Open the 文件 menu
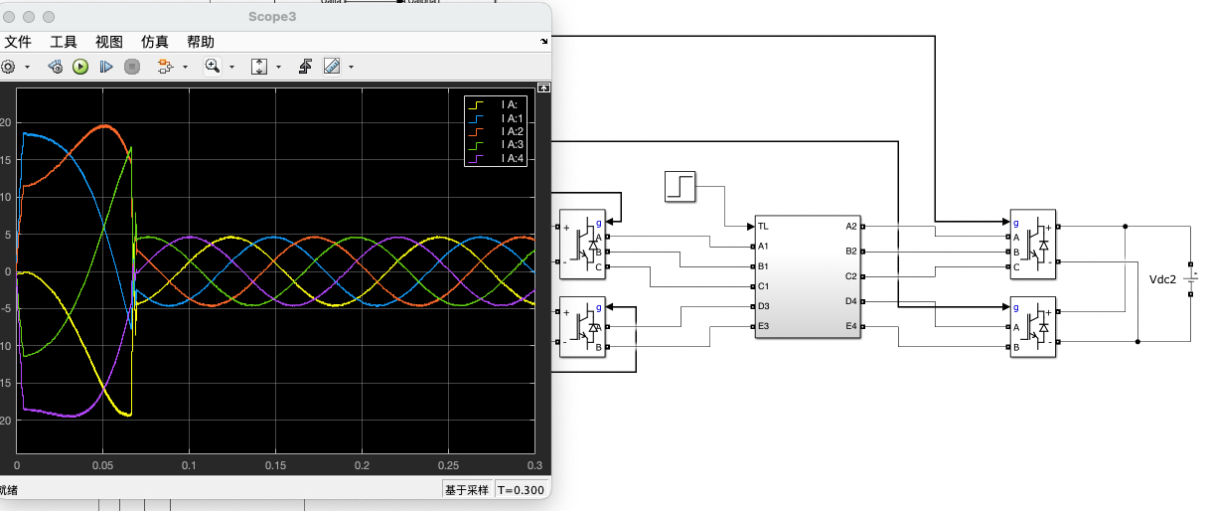coord(18,42)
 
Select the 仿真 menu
coord(155,42)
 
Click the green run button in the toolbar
coord(80,67)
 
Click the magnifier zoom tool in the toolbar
coord(212,67)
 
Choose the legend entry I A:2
coord(513,131)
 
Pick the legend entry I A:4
coord(513,158)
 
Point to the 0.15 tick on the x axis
coord(275,465)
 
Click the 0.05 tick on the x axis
coord(102,465)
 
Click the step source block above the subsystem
coord(680,186)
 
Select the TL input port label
coord(765,226)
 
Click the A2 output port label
coord(850,226)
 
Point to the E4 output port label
coord(850,326)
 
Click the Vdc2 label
coord(1162,280)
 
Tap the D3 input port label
coord(765,306)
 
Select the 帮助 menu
coord(200,42)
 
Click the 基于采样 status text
coord(467,489)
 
